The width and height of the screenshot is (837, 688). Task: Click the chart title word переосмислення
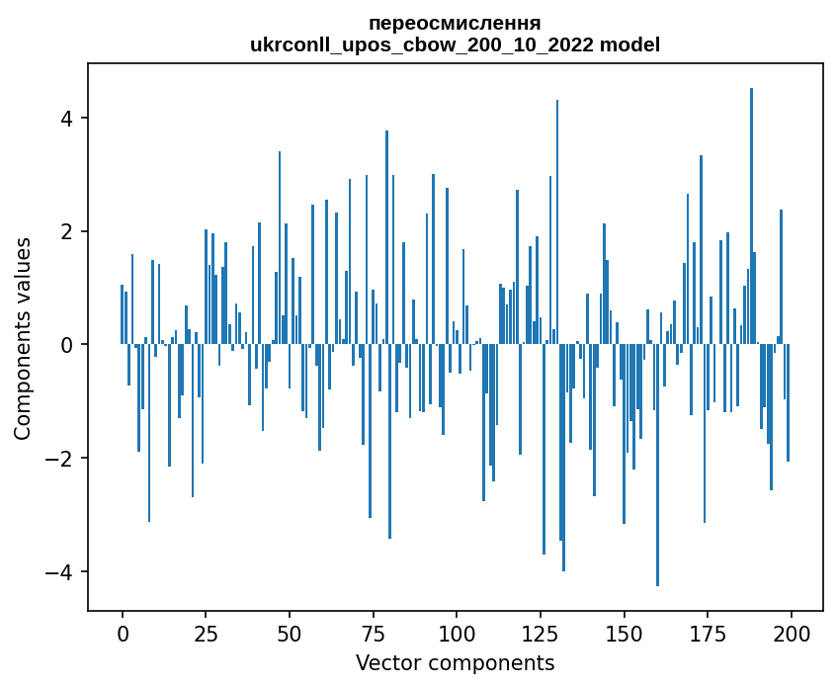(455, 23)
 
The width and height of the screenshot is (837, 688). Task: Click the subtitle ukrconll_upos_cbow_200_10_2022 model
(455, 44)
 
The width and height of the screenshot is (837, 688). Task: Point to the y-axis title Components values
(22, 338)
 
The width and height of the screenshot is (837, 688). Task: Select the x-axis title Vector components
(455, 662)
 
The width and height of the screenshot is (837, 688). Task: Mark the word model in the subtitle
(633, 44)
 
